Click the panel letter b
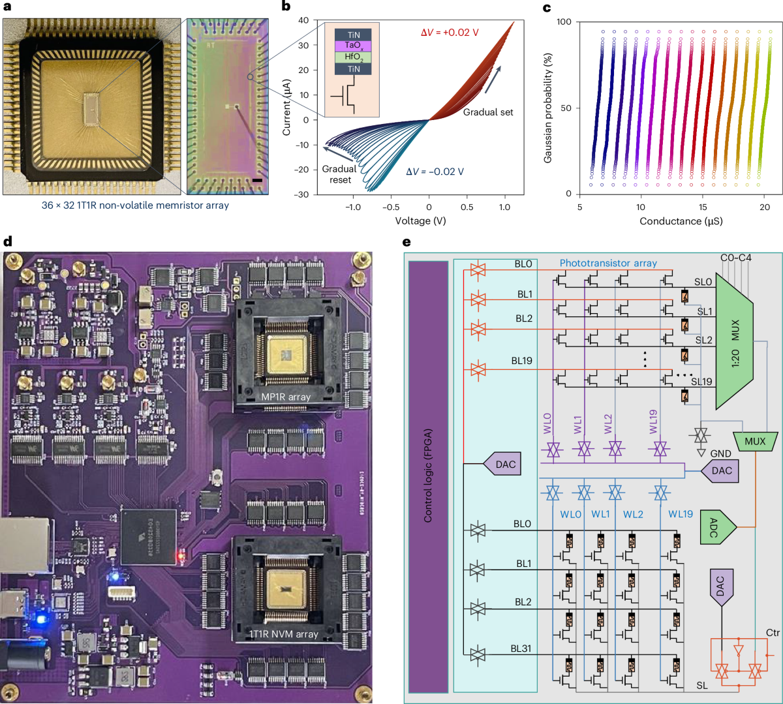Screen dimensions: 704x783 (x=285, y=7)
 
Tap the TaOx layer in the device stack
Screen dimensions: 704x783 (x=352, y=46)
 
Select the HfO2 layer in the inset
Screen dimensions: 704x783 (x=352, y=57)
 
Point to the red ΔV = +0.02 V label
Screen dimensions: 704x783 (x=446, y=33)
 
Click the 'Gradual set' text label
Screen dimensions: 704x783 (x=488, y=112)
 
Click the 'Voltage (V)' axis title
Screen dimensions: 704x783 (x=420, y=221)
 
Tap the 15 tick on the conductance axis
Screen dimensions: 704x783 (x=703, y=207)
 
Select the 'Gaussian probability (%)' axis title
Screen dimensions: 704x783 (x=549, y=108)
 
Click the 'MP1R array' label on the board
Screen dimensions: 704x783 (x=286, y=396)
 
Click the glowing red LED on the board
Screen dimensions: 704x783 (x=181, y=557)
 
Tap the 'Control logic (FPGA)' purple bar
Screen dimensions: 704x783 (x=428, y=476)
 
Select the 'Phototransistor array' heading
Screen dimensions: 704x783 (x=607, y=264)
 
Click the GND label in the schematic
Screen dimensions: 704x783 (x=720, y=453)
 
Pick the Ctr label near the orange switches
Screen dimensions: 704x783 (x=772, y=634)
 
